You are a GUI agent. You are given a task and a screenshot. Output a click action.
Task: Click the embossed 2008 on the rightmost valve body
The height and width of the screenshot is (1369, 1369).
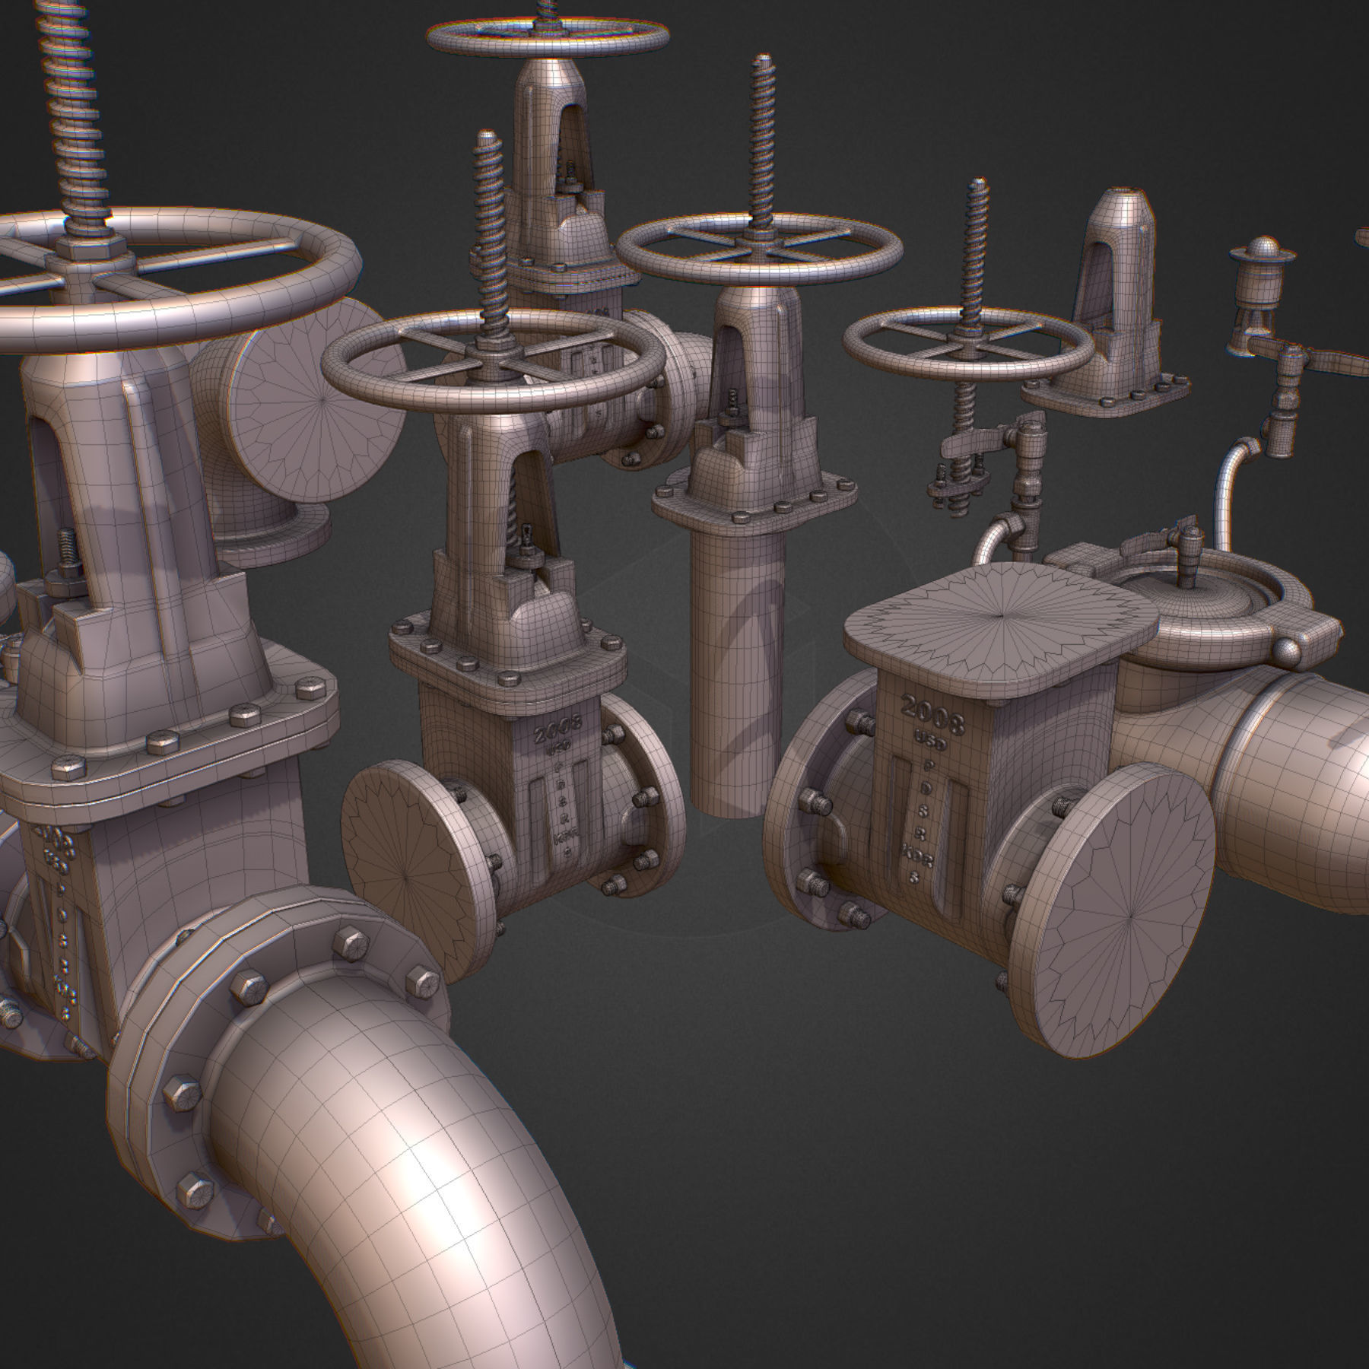(932, 713)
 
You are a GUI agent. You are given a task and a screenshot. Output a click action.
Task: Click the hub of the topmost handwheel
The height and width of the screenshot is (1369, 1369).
(548, 30)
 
